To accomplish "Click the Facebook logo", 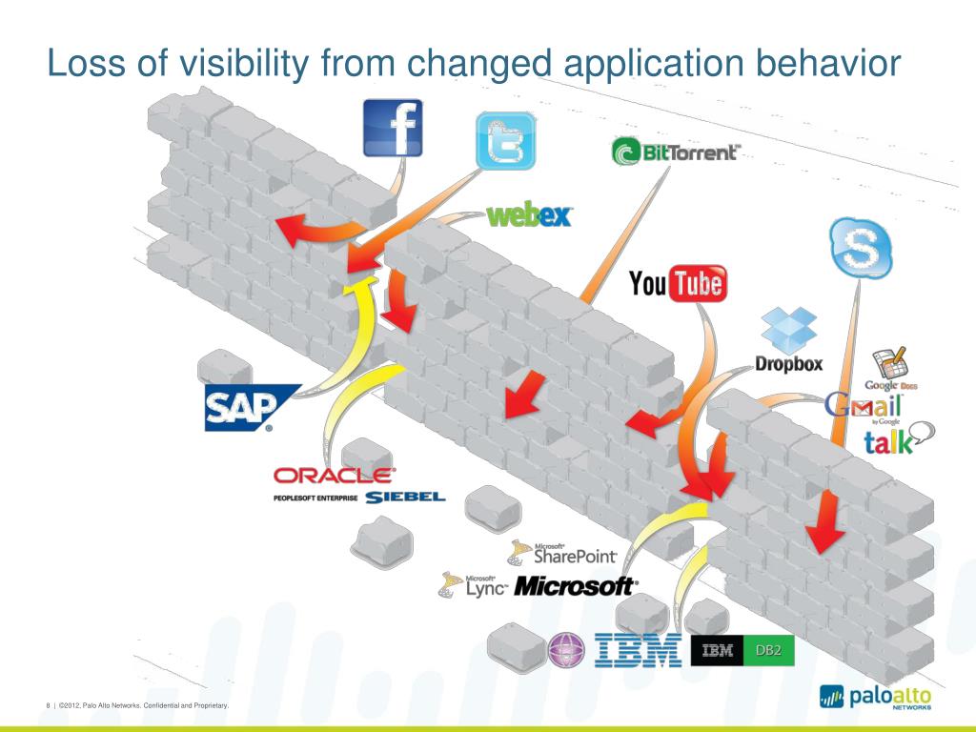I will (393, 129).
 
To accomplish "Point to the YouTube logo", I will (678, 283).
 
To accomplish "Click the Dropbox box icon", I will (788, 330).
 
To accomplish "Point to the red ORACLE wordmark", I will (333, 474).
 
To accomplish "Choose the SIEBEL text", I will (404, 497).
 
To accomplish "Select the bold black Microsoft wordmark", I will (575, 586).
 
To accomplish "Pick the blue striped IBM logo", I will (639, 650).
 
